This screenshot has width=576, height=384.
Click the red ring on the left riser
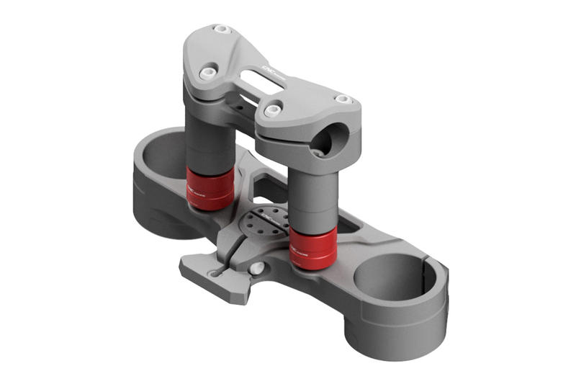tap(210, 189)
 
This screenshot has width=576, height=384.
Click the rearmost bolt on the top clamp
tap(222, 30)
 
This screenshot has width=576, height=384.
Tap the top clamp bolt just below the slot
tap(272, 112)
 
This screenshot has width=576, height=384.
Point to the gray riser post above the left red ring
tap(210, 140)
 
